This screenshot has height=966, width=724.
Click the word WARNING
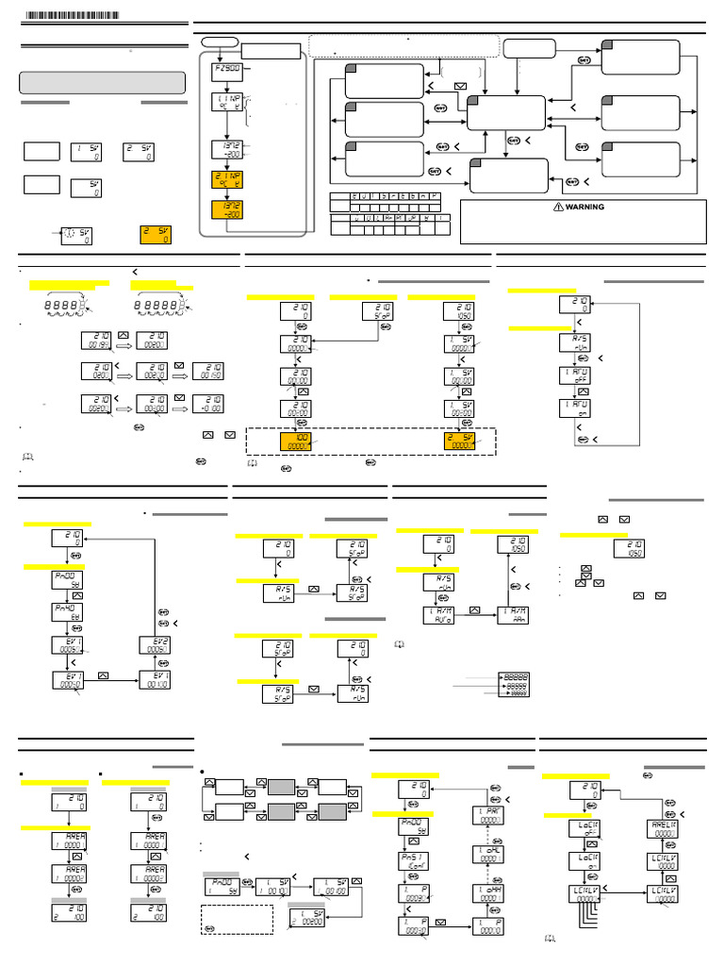coord(584,207)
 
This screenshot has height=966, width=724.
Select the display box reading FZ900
coord(228,73)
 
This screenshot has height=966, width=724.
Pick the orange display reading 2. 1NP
coord(228,179)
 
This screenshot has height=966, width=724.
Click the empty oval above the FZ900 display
coord(219,41)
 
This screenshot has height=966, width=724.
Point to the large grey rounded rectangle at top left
coord(102,82)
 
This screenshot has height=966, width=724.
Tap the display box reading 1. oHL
coord(486,859)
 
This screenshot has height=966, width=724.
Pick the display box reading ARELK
coord(665,826)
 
